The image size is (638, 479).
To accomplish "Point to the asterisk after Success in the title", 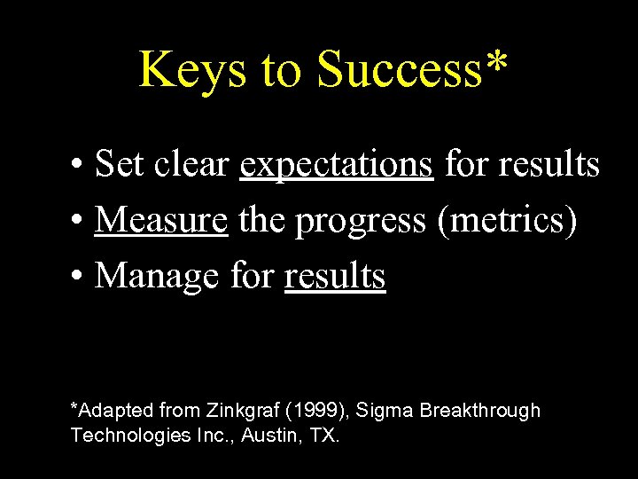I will [497, 62].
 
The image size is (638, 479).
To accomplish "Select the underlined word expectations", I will [337, 165].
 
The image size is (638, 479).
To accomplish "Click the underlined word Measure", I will [161, 221].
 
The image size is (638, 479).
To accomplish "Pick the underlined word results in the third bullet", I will [335, 277].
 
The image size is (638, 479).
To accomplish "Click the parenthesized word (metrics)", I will [509, 221].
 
